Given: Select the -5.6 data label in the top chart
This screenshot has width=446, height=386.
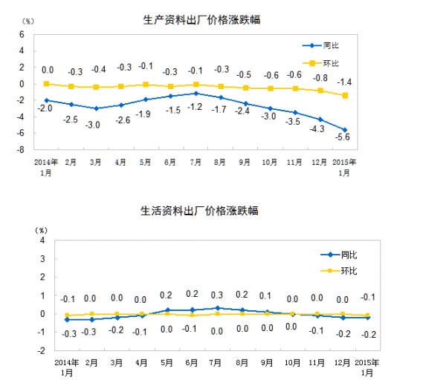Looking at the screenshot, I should (x=343, y=146).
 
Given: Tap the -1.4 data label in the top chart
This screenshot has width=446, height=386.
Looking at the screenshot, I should (x=344, y=81).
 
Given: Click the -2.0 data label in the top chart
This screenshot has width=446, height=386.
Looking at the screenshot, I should (x=46, y=109).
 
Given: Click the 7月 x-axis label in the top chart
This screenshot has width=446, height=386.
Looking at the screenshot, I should (x=195, y=161).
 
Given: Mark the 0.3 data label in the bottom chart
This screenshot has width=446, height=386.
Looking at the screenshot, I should (x=217, y=295).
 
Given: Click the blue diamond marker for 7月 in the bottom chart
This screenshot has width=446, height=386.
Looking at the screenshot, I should (x=217, y=308).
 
